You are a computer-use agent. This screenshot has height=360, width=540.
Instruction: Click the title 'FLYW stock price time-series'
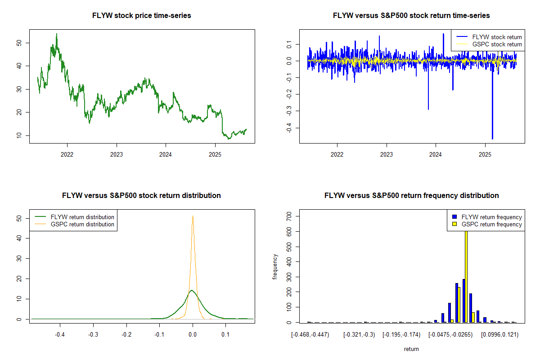(142, 16)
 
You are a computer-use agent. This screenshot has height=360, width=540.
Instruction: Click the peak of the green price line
(56, 34)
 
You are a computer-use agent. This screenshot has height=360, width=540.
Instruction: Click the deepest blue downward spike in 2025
(492, 139)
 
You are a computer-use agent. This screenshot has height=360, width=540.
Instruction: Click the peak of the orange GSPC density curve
(193, 216)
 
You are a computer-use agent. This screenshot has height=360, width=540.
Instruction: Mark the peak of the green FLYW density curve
(192, 290)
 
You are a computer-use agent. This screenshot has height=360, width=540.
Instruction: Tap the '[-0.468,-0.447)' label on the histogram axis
(310, 334)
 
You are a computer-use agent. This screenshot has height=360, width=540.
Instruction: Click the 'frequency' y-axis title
(275, 267)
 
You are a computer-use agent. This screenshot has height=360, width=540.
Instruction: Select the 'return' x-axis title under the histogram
(411, 349)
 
